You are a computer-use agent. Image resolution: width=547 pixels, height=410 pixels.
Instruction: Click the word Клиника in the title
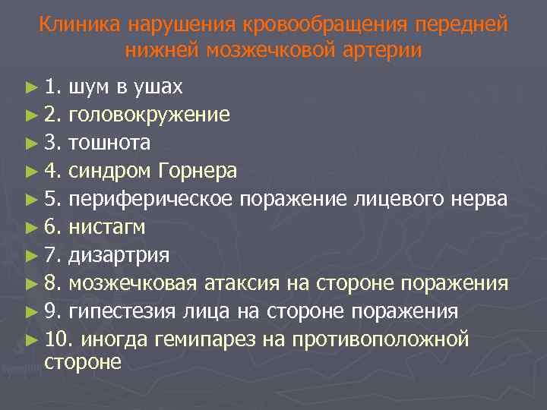[79, 25]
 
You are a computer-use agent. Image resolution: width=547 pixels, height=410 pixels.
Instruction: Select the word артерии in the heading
[385, 50]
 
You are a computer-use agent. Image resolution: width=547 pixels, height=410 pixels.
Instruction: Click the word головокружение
[149, 115]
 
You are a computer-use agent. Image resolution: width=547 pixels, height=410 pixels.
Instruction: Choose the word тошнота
[109, 143]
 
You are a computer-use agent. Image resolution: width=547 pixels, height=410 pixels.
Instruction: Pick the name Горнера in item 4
[198, 171]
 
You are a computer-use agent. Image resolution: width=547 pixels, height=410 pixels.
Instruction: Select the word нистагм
[106, 227]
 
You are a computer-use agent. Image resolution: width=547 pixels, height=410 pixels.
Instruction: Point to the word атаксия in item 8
[242, 283]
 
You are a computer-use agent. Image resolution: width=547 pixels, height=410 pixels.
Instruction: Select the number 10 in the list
[55, 339]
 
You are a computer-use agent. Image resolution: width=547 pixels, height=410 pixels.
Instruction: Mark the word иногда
[115, 339]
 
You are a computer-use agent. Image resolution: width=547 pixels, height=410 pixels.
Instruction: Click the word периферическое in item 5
[151, 199]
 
